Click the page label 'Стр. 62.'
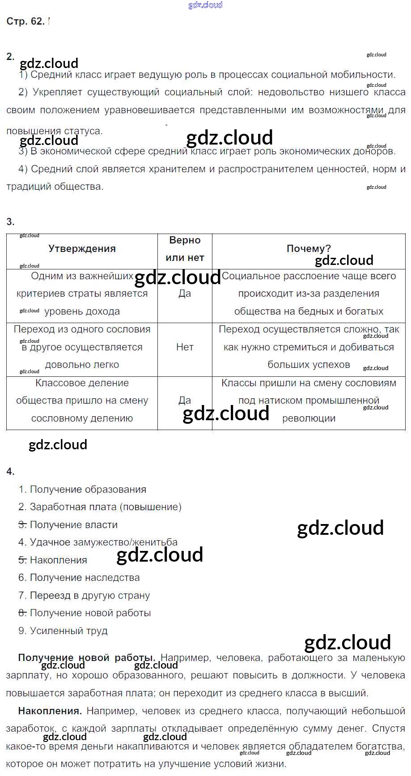(x=25, y=21)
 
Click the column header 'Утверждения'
(x=82, y=249)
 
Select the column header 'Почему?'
(x=309, y=249)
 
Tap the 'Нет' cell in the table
(x=185, y=347)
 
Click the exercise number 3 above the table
(x=10, y=222)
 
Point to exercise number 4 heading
(x=10, y=471)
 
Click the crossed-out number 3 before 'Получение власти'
(x=22, y=525)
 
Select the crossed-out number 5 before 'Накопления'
(x=22, y=560)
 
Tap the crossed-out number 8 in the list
(x=22, y=613)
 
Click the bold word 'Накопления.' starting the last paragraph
(x=50, y=711)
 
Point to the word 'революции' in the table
(x=309, y=418)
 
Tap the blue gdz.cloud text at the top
(x=205, y=5)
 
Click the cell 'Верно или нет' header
(x=185, y=249)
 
